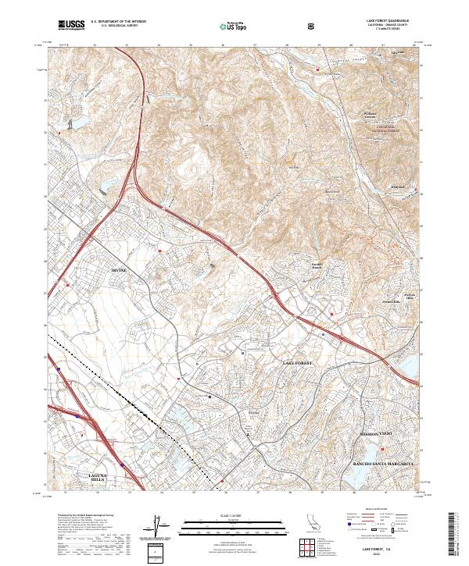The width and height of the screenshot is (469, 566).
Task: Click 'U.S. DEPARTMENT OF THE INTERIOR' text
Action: [x=118, y=22]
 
